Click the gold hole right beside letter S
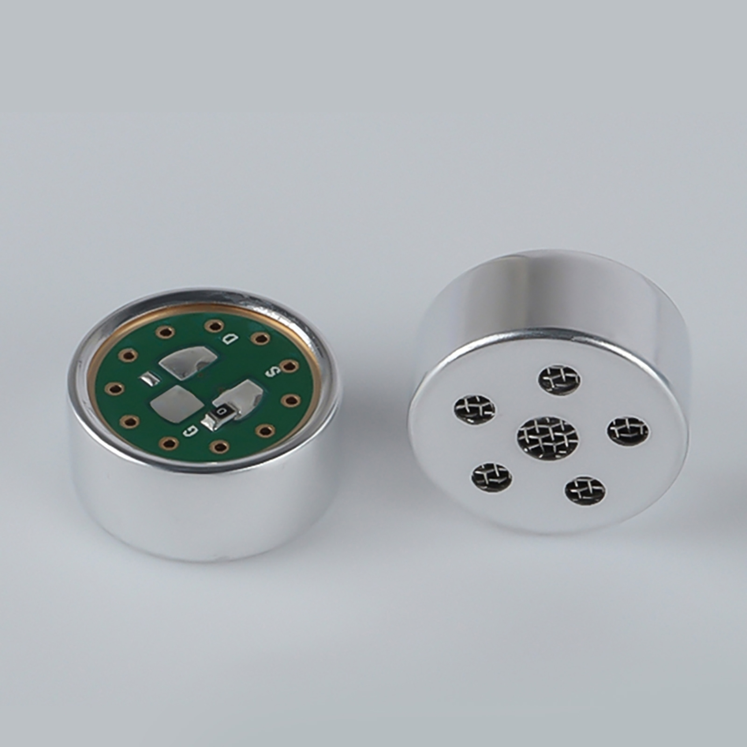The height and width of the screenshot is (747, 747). click(289, 366)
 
